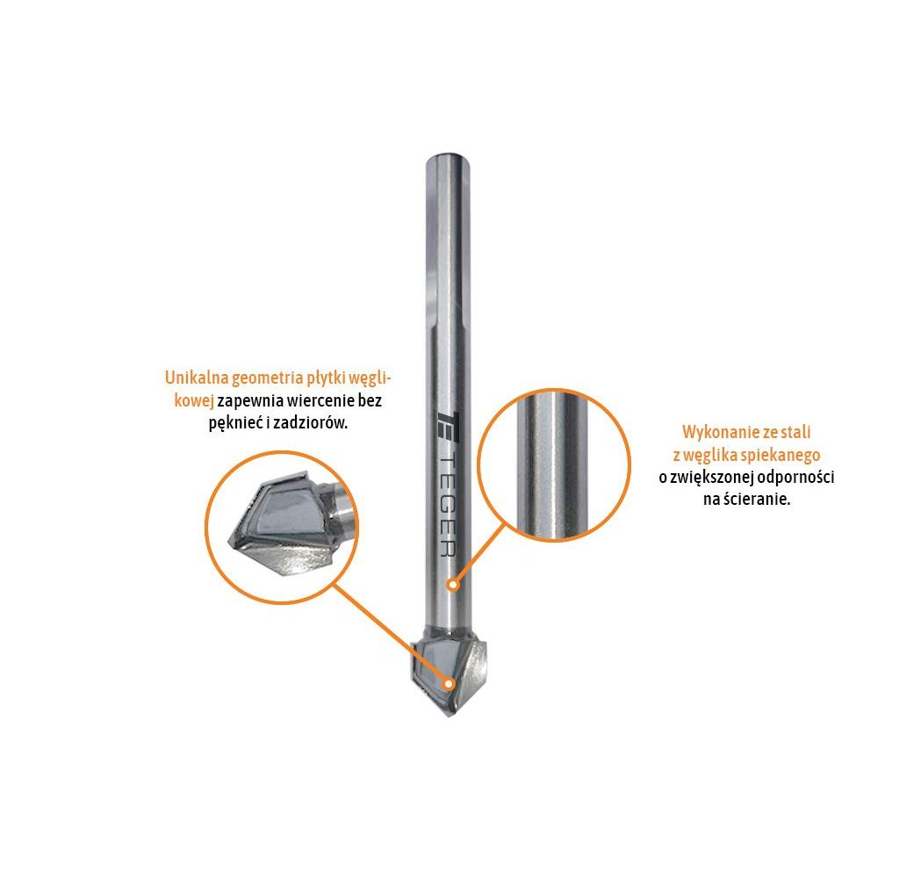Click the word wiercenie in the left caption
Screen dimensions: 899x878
[x=321, y=400]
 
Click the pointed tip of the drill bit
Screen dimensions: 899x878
[x=449, y=716]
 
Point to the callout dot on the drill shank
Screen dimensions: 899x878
[x=454, y=585]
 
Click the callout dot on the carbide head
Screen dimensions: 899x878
[x=449, y=684]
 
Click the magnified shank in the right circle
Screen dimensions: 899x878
[x=552, y=465]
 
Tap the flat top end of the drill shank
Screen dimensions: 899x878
[x=448, y=156]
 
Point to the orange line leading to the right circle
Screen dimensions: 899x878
[x=479, y=553]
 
